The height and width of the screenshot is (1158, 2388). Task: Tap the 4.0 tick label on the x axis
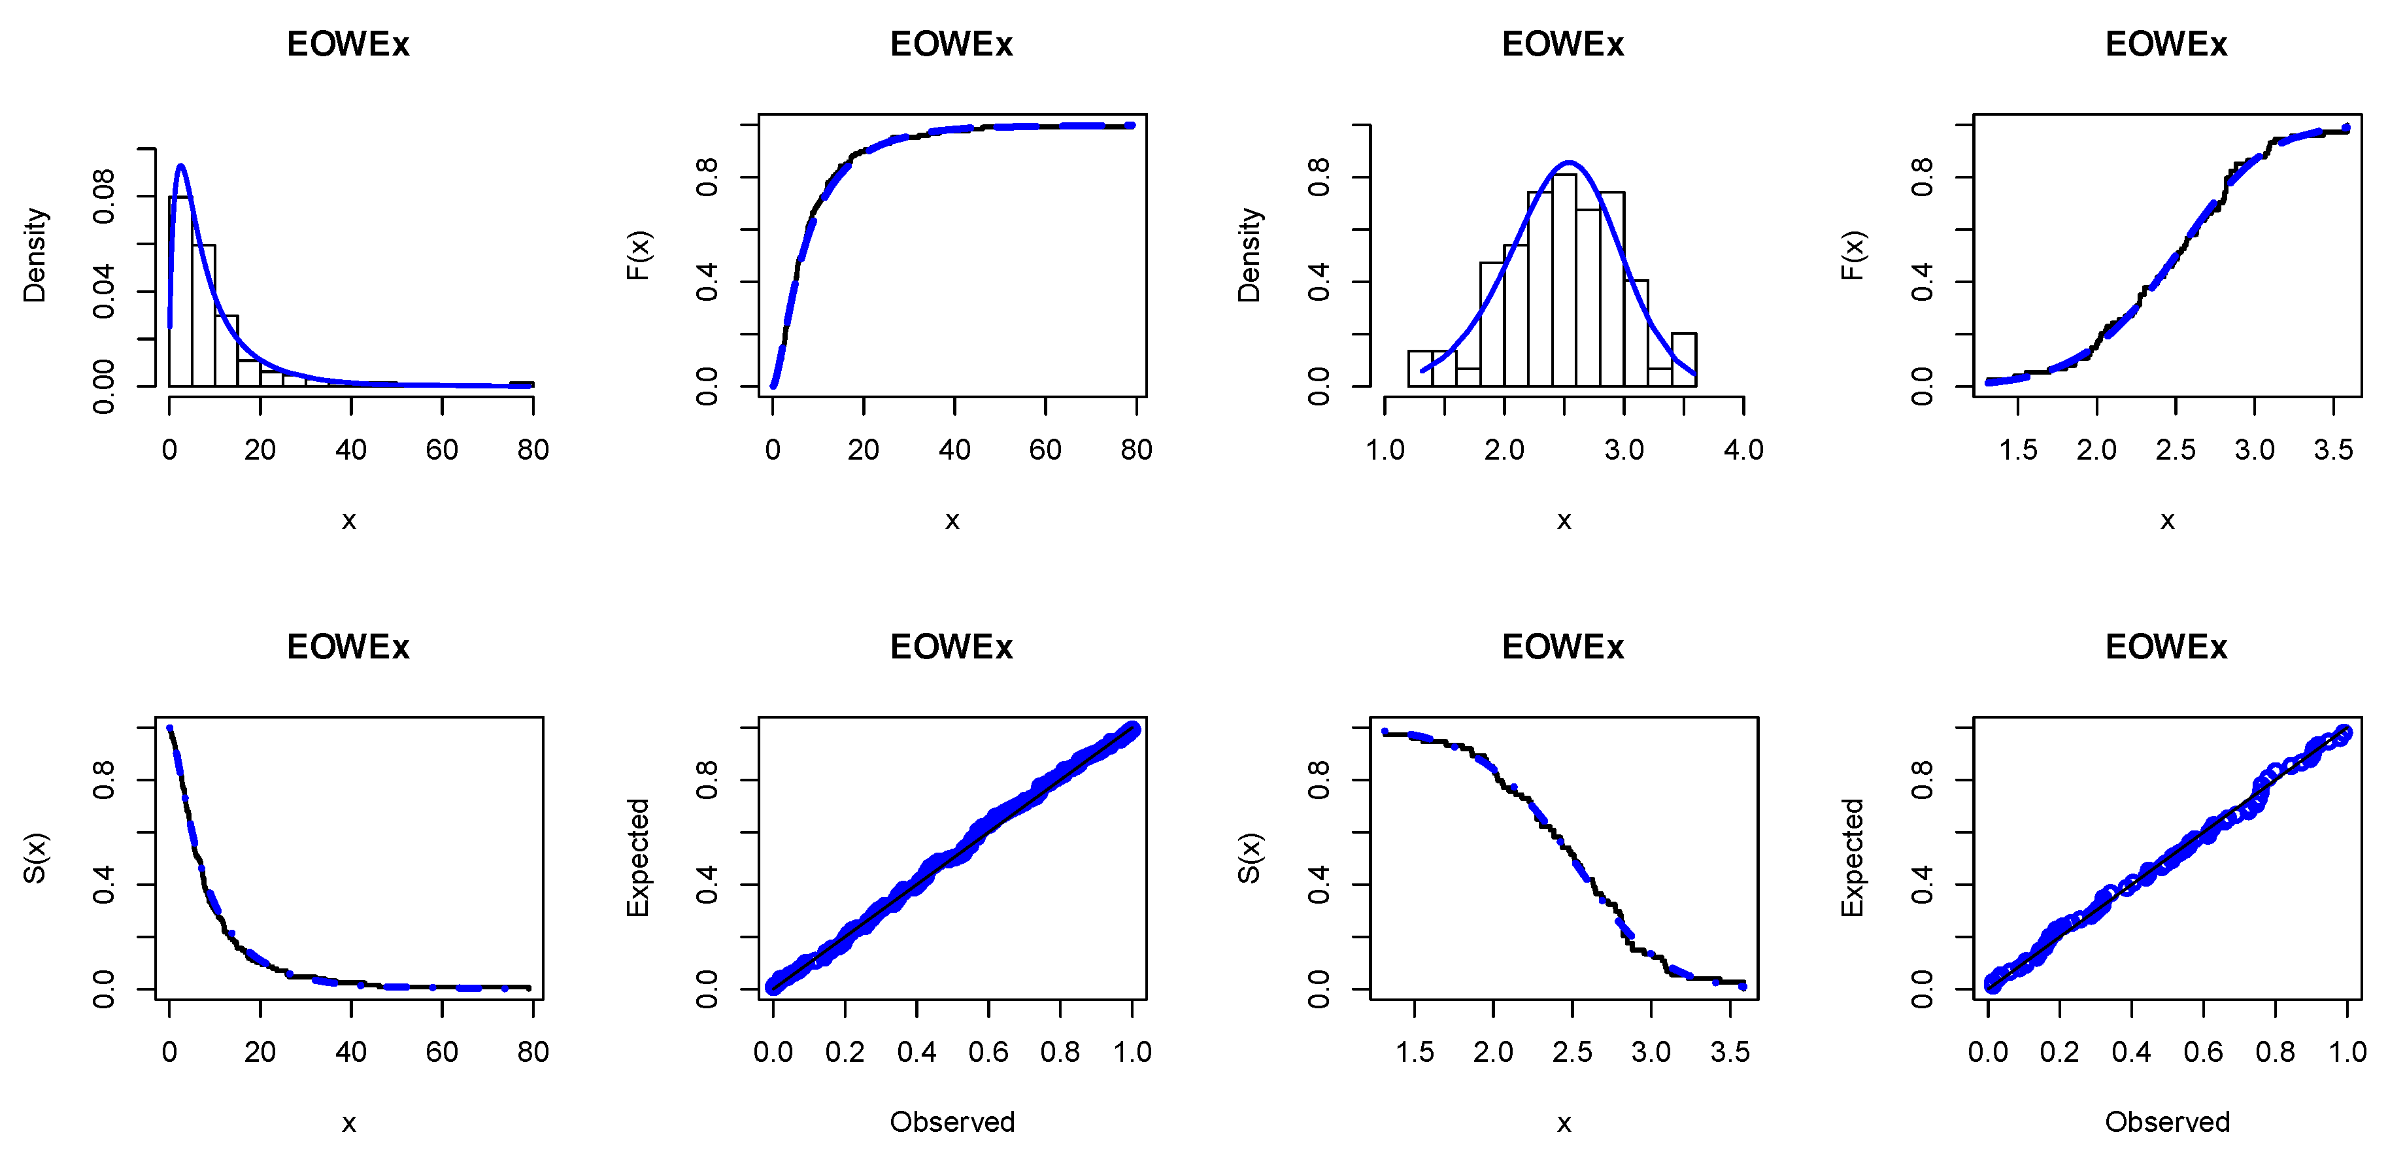[x=1743, y=451]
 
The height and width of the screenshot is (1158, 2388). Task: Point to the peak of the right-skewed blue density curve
[x=181, y=167]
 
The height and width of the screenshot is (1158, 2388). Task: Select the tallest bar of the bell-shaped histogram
[x=1564, y=278]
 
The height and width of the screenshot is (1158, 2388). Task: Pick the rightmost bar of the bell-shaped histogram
[x=1683, y=360]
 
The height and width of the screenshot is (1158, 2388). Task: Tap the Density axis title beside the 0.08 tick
[x=35, y=255]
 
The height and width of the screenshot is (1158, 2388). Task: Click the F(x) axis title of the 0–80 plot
[x=639, y=255]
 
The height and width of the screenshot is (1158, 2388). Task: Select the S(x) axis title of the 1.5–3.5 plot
[x=1250, y=858]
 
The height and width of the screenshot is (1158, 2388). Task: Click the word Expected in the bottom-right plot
[x=1852, y=858]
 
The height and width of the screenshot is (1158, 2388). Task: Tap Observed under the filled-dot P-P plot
[x=952, y=1122]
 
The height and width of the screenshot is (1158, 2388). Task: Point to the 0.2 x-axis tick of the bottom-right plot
[x=2059, y=1052]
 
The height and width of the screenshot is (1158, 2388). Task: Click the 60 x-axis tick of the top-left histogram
[x=442, y=451]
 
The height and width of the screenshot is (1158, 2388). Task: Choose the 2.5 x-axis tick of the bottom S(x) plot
[x=1572, y=1052]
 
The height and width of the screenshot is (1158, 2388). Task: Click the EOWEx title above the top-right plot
[x=2166, y=44]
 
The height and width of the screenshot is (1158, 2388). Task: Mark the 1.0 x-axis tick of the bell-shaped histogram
[x=1385, y=451]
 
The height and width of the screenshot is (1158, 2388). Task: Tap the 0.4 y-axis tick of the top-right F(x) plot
[x=1922, y=281]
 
